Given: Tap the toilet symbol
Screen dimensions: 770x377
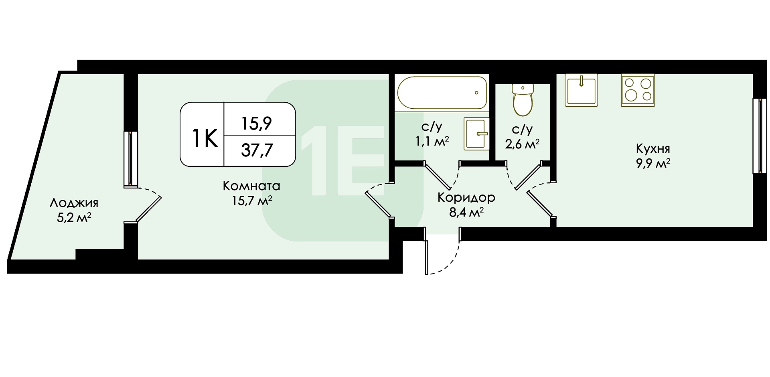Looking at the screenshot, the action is [523, 99].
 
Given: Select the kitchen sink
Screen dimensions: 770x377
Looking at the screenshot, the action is [581, 90].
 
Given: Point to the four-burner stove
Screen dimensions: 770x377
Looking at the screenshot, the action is [638, 90].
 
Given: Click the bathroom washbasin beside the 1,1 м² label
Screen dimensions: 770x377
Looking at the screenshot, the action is [477, 134].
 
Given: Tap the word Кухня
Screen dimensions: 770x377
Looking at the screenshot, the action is [653, 149].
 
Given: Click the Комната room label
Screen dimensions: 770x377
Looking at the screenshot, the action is [251, 186].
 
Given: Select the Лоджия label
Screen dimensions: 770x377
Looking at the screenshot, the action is [74, 203].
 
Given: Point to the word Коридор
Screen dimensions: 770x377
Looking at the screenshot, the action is [466, 198].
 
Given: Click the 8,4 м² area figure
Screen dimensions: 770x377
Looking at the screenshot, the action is [466, 213].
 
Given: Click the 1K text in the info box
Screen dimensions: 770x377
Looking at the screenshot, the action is [205, 138].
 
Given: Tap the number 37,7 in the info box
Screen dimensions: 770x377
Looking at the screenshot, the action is [257, 150].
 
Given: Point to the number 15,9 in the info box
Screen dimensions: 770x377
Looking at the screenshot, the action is [257, 124].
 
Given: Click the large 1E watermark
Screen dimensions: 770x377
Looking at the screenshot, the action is [342, 160].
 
